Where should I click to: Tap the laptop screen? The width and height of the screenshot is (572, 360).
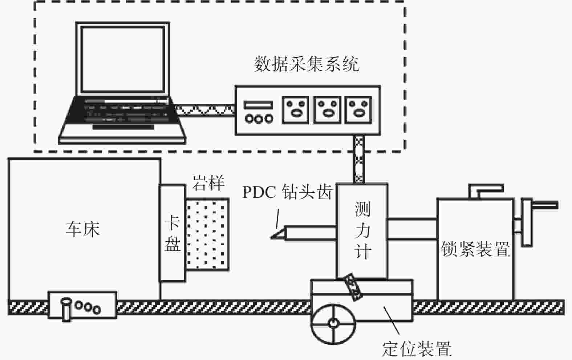123,60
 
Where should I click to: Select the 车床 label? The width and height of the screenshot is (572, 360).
82,229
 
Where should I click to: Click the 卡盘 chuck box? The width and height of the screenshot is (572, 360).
173,233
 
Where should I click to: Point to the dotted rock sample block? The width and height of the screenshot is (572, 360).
207,234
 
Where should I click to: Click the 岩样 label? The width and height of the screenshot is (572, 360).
208,183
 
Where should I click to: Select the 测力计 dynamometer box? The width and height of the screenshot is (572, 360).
362,231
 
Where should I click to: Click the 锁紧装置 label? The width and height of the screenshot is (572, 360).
475,249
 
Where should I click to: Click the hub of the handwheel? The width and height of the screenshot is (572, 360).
333,323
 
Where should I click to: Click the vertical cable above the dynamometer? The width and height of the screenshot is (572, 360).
359,159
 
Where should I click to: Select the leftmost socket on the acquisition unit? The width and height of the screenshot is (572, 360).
296,110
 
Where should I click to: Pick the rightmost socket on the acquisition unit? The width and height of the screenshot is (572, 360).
358,110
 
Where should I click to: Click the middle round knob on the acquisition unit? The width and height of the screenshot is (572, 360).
259,119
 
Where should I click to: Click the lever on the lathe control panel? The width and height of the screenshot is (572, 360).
66,309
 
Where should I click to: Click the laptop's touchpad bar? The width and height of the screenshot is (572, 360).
123,127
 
